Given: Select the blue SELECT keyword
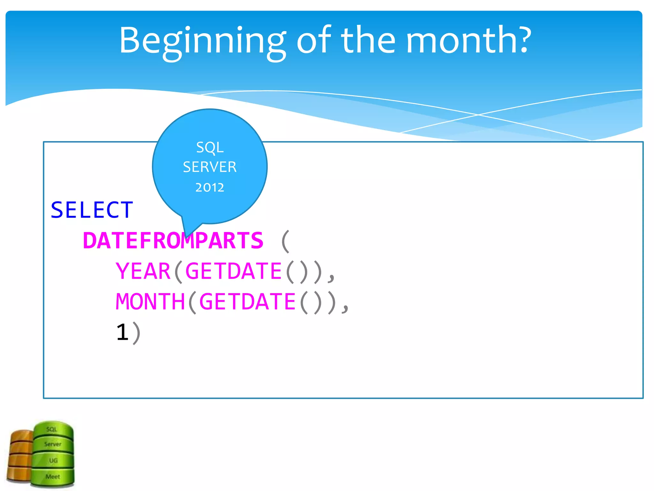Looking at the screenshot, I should [x=92, y=210].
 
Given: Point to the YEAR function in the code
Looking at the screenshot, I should [x=143, y=271].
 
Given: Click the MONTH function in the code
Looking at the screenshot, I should [x=150, y=302].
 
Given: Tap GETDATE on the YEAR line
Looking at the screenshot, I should [x=233, y=271].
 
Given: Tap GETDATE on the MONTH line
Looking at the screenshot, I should [x=247, y=302].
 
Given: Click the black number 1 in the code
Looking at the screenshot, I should [x=123, y=332].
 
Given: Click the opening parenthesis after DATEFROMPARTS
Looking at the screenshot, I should [x=285, y=241].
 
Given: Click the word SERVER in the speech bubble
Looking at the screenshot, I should [x=210, y=167].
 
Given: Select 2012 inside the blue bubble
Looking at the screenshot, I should [x=210, y=188].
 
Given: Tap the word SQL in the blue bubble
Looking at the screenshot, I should [x=210, y=148].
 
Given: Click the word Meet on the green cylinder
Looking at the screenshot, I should [x=53, y=477].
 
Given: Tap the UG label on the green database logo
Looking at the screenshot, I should [x=53, y=460].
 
